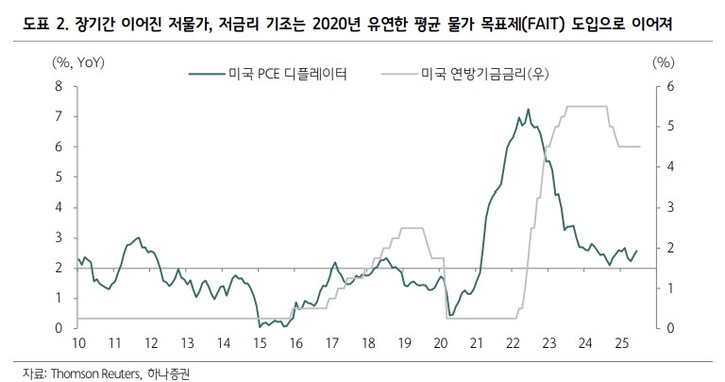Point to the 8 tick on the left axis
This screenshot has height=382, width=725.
pyautogui.click(x=59, y=86)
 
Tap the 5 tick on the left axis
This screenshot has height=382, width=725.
pyautogui.click(x=59, y=177)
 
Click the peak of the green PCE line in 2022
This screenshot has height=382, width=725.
pyautogui.click(x=528, y=109)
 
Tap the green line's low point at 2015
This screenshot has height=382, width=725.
pyautogui.click(x=260, y=326)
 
